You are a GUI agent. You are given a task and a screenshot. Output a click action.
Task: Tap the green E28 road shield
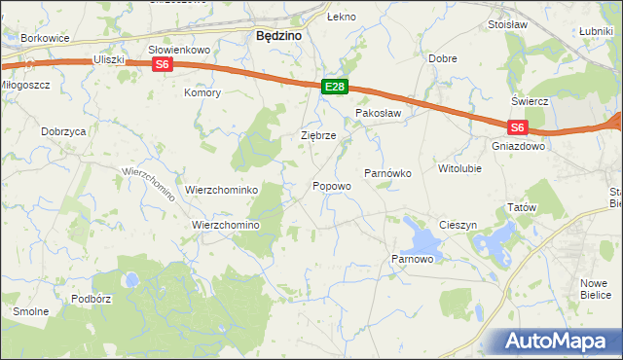point(334,88)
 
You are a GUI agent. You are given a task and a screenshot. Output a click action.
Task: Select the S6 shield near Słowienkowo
point(163,65)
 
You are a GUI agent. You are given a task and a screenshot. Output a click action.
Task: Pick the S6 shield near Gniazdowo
point(517,126)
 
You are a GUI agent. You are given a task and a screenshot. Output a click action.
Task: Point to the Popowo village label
point(331,186)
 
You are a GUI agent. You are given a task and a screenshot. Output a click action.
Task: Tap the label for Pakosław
point(379,114)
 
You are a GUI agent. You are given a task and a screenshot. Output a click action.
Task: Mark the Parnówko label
point(388,173)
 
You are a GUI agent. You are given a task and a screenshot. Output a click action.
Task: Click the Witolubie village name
point(459,168)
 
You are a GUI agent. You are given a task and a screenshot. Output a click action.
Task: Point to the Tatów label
point(522,208)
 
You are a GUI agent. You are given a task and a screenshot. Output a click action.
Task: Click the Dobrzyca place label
point(64,130)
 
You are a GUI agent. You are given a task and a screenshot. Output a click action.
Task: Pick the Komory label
point(203,93)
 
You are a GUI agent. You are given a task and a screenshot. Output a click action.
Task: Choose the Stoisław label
point(506,24)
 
